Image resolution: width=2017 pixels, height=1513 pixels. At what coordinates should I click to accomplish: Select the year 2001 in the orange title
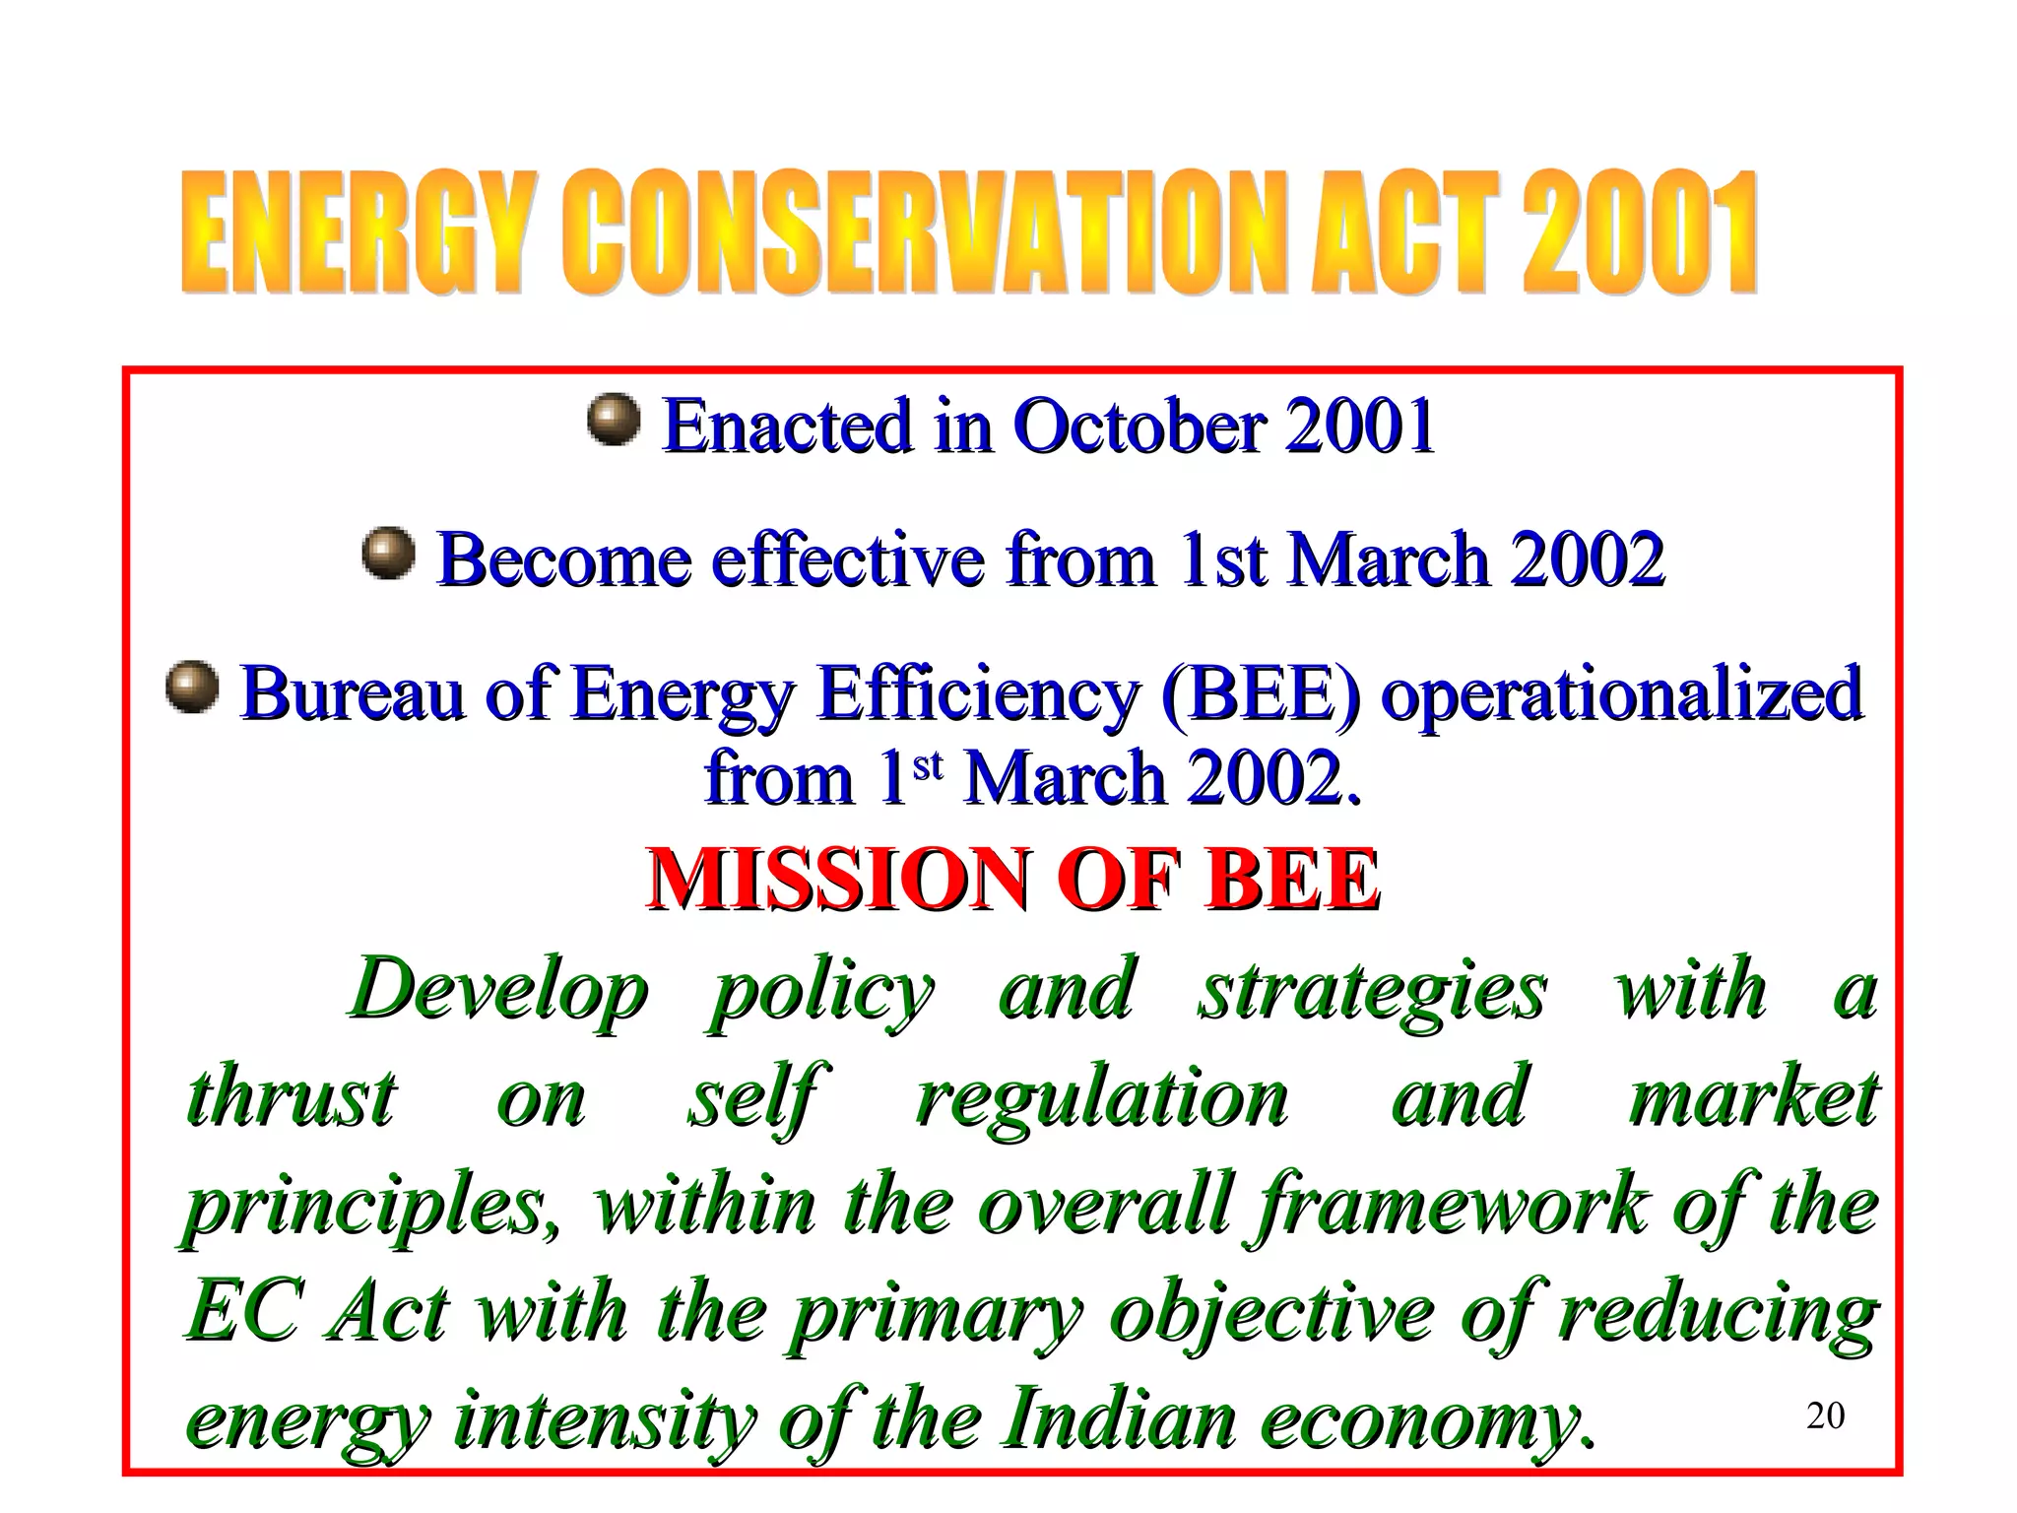tap(1639, 233)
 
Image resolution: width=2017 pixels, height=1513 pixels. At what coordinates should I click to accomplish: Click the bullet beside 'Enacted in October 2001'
tap(614, 420)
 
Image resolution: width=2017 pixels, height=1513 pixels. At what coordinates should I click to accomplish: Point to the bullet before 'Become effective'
tap(388, 554)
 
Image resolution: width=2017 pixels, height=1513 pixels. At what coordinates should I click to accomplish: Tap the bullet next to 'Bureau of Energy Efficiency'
tap(192, 687)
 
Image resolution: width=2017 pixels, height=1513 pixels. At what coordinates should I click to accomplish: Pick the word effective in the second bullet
tap(848, 559)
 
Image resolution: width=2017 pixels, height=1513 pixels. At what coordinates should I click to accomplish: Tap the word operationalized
tap(1621, 693)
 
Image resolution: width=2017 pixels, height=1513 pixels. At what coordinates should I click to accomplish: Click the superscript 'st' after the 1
tap(928, 764)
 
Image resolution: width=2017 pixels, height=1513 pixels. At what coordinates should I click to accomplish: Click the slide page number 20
tap(1825, 1415)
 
